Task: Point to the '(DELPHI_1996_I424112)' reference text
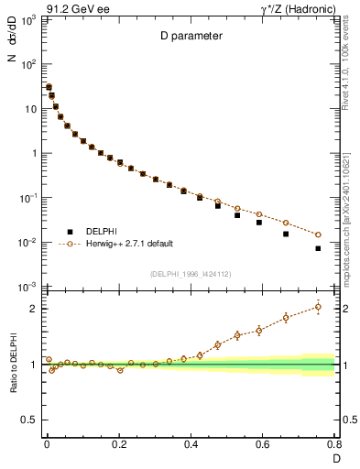190,274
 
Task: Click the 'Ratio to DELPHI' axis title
12,365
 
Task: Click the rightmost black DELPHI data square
318,248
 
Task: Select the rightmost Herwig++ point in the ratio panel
318,306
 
